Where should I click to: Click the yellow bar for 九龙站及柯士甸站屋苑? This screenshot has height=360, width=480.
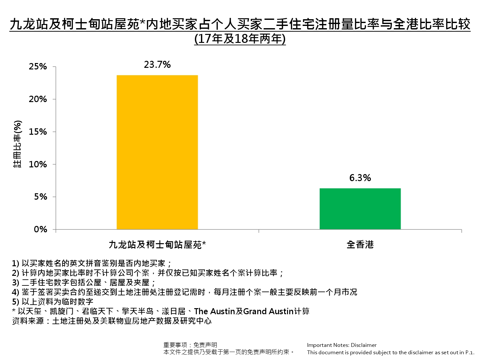157,152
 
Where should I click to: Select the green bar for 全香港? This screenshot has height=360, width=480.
360,209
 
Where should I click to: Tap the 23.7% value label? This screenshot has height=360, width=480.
157,65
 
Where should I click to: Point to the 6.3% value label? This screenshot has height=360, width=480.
360,178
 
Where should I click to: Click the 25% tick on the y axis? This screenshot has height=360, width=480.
38,67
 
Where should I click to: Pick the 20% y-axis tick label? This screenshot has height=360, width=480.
38,99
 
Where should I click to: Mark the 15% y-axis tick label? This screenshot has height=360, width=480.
38,132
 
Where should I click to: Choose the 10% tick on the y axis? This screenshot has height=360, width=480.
38,164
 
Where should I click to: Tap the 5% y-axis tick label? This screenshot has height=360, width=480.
41,197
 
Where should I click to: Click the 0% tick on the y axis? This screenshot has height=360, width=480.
41,229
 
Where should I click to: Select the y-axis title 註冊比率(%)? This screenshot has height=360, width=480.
18,144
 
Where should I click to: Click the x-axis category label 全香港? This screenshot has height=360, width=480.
360,245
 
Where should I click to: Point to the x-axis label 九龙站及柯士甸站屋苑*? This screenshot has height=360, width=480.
157,245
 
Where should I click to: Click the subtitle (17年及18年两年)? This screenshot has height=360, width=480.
240,39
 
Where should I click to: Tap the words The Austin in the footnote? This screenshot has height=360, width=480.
214,311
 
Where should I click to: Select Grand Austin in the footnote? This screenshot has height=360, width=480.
268,311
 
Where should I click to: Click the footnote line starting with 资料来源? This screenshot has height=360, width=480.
112,321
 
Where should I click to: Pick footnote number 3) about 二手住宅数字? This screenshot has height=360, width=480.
84,283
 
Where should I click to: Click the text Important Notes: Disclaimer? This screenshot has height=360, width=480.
341,345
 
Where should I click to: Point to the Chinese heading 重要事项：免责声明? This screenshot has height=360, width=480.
190,345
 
